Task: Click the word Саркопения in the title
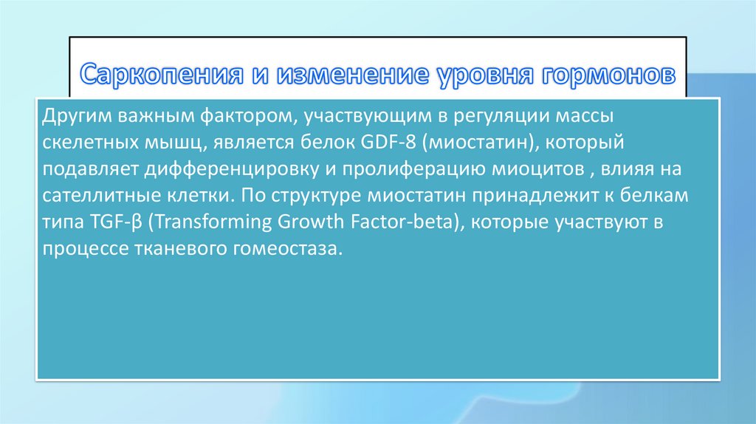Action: point(162,75)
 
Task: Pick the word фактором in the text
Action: point(247,117)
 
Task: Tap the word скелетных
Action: point(89,143)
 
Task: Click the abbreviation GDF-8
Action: point(388,143)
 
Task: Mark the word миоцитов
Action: point(536,169)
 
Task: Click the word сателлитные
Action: point(101,196)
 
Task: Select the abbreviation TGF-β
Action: point(116,222)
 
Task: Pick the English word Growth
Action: point(311,222)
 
